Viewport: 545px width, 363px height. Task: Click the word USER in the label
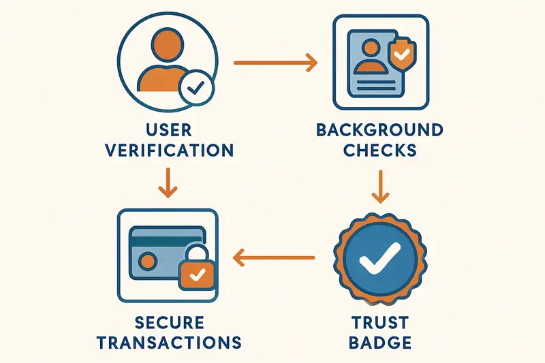(x=168, y=130)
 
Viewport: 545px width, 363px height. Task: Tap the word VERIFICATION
(x=169, y=151)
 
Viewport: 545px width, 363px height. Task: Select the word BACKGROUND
(x=380, y=130)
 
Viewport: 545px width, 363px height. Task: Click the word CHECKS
(x=380, y=151)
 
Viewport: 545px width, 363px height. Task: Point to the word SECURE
(x=169, y=323)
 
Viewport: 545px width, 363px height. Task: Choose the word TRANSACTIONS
(x=169, y=343)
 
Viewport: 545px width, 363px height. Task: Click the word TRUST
(x=380, y=323)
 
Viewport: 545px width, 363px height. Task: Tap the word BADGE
(x=380, y=343)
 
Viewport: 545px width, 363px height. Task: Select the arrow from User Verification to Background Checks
(x=276, y=63)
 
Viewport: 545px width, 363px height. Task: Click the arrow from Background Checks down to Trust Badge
(x=381, y=187)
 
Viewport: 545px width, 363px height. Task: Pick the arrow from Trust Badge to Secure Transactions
(x=274, y=258)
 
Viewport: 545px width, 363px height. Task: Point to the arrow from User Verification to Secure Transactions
(x=168, y=183)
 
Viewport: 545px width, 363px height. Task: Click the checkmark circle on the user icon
(x=196, y=89)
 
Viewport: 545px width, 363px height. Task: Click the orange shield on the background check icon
(x=402, y=54)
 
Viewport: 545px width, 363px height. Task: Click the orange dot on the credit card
(x=148, y=262)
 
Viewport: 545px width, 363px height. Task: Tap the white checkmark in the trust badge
(x=380, y=259)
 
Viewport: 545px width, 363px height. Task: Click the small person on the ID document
(x=371, y=57)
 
